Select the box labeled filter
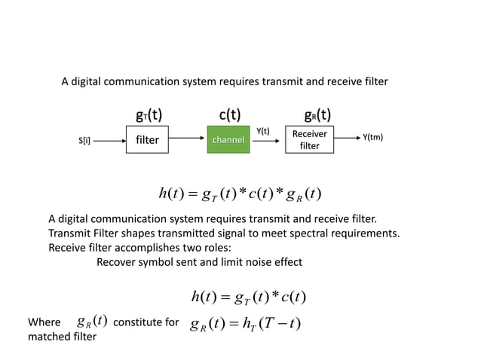pos(147,139)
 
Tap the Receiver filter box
pos(310,139)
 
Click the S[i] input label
pos(84,140)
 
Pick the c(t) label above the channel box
pos(229,116)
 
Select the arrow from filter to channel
pos(188,140)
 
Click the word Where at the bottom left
pos(44,323)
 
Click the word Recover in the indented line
pos(118,262)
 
